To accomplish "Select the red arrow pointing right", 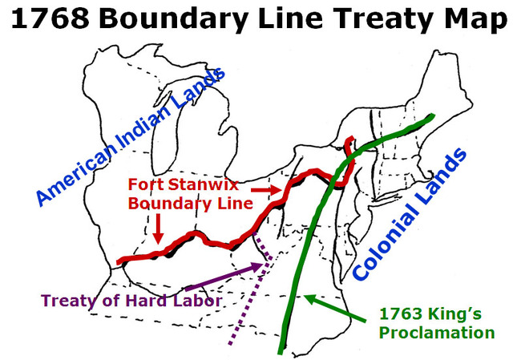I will click(262, 189).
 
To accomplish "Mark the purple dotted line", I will click(249, 305).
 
